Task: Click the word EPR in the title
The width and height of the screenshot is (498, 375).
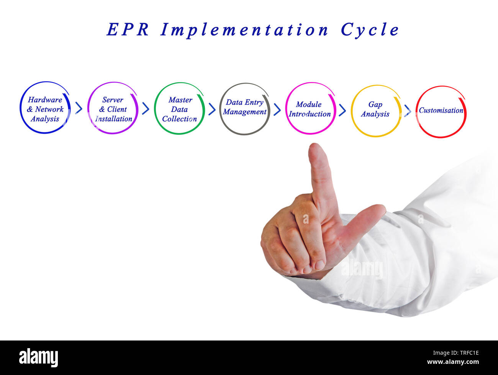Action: click(128, 30)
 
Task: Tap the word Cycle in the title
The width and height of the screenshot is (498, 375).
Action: click(370, 30)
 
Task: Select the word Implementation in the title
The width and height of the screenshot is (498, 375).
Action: click(244, 30)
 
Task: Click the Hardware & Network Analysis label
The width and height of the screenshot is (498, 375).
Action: click(45, 109)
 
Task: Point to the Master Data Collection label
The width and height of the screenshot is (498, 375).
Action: click(180, 109)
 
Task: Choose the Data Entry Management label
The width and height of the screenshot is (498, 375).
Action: click(245, 107)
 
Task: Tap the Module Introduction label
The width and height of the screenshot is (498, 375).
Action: click(310, 109)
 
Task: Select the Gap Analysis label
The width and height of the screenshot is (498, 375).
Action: click(375, 109)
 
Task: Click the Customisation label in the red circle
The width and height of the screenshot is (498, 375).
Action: click(441, 110)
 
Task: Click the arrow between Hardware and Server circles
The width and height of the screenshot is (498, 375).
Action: click(79, 109)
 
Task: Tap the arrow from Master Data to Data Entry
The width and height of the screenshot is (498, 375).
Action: click(212, 109)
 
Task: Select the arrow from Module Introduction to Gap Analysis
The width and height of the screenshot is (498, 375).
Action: click(342, 110)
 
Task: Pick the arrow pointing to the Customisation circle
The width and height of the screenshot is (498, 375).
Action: click(408, 111)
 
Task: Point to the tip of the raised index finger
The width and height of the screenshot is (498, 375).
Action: click(315, 148)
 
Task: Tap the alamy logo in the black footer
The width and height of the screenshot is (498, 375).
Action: click(39, 357)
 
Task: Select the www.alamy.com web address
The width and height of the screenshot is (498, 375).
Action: click(453, 362)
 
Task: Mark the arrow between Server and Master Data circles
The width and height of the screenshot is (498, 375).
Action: click(146, 109)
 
